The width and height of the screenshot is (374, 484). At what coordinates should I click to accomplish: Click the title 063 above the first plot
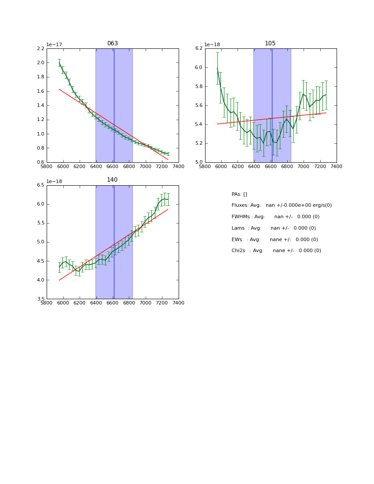coord(112,44)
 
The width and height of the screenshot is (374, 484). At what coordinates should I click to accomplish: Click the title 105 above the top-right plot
coord(270,44)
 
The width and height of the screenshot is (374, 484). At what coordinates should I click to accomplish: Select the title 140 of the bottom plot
coord(112,180)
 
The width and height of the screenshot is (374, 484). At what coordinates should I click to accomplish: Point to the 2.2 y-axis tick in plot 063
coord(40,48)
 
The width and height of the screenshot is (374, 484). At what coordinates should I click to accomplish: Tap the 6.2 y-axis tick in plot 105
coord(199,48)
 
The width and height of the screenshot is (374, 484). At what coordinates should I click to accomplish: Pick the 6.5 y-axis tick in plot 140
coord(40,185)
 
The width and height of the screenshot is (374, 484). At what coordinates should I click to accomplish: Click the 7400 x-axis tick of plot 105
coord(337,166)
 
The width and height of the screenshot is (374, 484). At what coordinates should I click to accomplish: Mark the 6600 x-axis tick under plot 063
coord(113,166)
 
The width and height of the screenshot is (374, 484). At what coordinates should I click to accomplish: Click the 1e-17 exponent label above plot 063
coord(54,44)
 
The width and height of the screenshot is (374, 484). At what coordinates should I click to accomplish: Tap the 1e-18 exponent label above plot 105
coord(213,44)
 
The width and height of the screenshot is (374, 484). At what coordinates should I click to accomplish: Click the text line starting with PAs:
coord(239,194)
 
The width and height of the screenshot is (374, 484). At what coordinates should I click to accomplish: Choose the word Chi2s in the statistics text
coord(238,251)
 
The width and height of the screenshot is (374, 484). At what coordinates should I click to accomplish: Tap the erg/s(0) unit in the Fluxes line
coord(321,205)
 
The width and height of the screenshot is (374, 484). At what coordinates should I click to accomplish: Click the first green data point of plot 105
coord(217,68)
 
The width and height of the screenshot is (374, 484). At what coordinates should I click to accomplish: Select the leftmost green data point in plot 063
coord(59,63)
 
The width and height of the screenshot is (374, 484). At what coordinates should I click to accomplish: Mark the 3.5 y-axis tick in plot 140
coord(40,299)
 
